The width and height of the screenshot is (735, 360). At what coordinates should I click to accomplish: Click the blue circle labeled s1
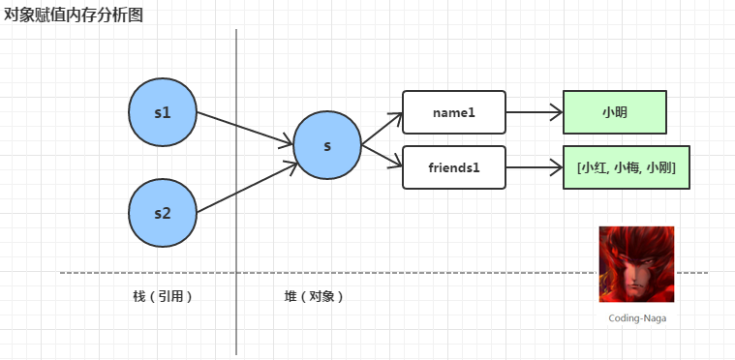pyautogui.click(x=163, y=112)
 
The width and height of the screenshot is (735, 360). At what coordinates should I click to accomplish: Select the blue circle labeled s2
pyautogui.click(x=163, y=213)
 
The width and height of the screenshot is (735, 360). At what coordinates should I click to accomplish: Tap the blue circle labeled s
pyautogui.click(x=327, y=145)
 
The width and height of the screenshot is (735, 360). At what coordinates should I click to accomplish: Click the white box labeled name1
pyautogui.click(x=454, y=112)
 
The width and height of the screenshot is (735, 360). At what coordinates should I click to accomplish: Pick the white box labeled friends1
pyautogui.click(x=454, y=167)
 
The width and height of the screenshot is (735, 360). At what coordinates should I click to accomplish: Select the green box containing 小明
pyautogui.click(x=615, y=112)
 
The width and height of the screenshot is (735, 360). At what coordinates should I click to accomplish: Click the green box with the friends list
pyautogui.click(x=627, y=167)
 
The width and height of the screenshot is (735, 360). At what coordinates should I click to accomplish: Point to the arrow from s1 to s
pyautogui.click(x=245, y=129)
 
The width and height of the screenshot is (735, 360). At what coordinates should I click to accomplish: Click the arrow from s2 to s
pyautogui.click(x=247, y=187)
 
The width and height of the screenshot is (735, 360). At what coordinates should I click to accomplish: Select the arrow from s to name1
pyautogui.click(x=383, y=129)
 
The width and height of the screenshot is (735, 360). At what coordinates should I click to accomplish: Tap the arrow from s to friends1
pyautogui.click(x=383, y=156)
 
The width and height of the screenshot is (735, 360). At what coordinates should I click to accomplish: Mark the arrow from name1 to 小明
pyautogui.click(x=535, y=112)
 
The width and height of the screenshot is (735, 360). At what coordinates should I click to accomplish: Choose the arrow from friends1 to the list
pyautogui.click(x=535, y=167)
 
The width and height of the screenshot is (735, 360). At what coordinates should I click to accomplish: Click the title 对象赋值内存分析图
pyautogui.click(x=74, y=15)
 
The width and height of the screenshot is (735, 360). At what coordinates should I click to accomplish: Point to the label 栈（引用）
pyautogui.click(x=163, y=296)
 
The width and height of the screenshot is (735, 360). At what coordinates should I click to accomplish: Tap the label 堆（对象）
pyautogui.click(x=314, y=296)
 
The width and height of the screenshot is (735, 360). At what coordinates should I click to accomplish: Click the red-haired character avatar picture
pyautogui.click(x=636, y=264)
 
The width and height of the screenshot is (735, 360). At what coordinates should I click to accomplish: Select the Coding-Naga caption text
pyautogui.click(x=637, y=318)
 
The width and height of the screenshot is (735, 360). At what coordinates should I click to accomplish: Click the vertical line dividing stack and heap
pyautogui.click(x=236, y=192)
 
